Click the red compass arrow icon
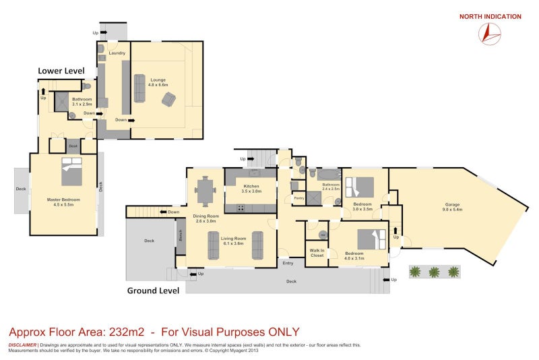point(490,34)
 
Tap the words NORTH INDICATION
point(490,17)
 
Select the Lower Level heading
point(61,70)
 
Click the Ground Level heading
point(153,291)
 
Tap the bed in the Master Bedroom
point(71,171)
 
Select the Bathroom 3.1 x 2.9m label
point(82,102)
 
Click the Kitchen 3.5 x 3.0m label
point(251,189)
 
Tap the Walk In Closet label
point(317,253)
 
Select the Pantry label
point(298,198)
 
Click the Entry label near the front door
point(288,262)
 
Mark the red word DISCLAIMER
point(22,344)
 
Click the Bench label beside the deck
point(180,235)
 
